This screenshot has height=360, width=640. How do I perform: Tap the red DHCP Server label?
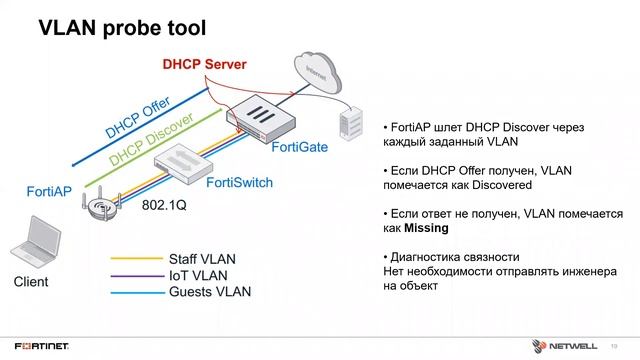205,65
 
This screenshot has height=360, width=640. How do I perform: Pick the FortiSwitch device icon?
185,158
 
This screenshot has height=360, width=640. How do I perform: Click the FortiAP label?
46,191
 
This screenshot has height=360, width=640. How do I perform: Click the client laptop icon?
30,250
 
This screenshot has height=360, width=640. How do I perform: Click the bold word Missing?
427,228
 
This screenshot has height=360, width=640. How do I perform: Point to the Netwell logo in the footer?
574,346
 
